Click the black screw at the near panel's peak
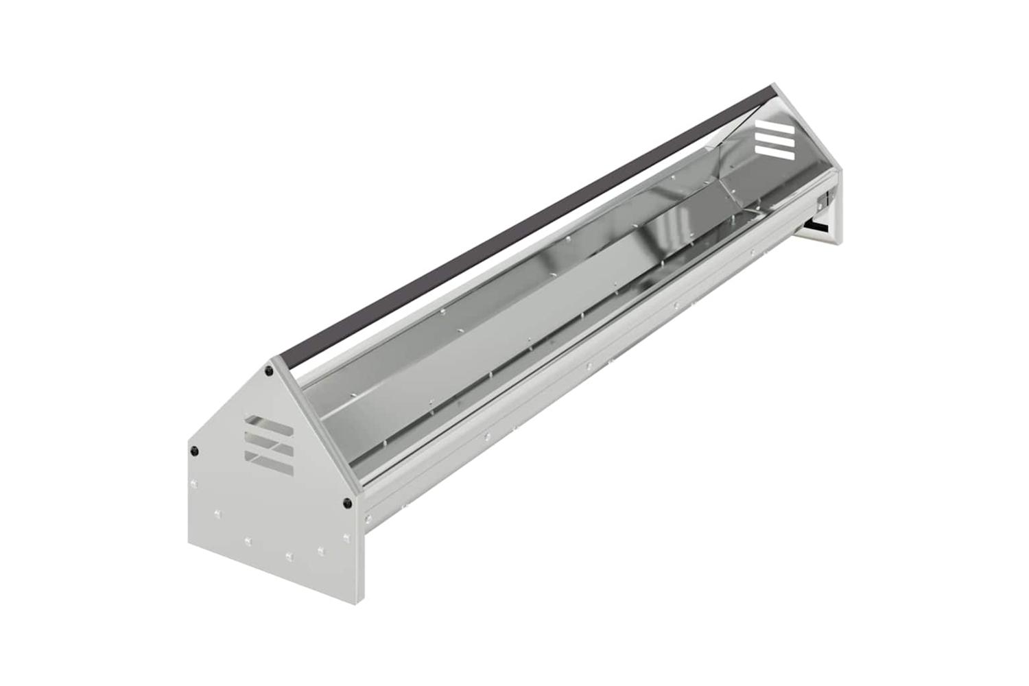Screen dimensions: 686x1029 point(269,371)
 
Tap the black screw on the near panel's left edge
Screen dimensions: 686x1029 point(194,451)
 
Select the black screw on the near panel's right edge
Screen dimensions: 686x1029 point(347,502)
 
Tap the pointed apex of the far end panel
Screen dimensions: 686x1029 point(774,87)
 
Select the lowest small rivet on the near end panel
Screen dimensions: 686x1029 point(289,554)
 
